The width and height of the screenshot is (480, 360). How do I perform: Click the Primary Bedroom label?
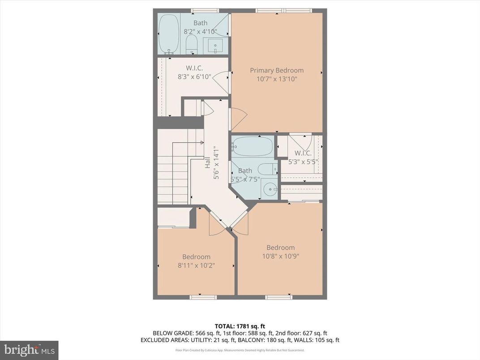(x=276, y=70)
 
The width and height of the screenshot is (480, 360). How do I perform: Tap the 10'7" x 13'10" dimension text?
(x=276, y=79)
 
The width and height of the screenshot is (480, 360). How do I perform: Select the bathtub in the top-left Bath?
(x=168, y=34)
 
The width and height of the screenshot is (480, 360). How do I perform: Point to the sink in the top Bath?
(x=216, y=45)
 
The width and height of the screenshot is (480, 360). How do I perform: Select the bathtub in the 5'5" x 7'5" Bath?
(x=252, y=146)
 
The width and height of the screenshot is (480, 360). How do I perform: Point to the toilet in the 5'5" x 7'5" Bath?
(x=267, y=169)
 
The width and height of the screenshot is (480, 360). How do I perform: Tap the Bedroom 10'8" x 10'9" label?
(x=280, y=252)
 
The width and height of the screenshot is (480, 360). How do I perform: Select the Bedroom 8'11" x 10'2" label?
(x=196, y=261)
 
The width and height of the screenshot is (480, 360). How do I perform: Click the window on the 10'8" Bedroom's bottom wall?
(x=279, y=297)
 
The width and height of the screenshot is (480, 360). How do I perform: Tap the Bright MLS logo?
(x=29, y=349)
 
